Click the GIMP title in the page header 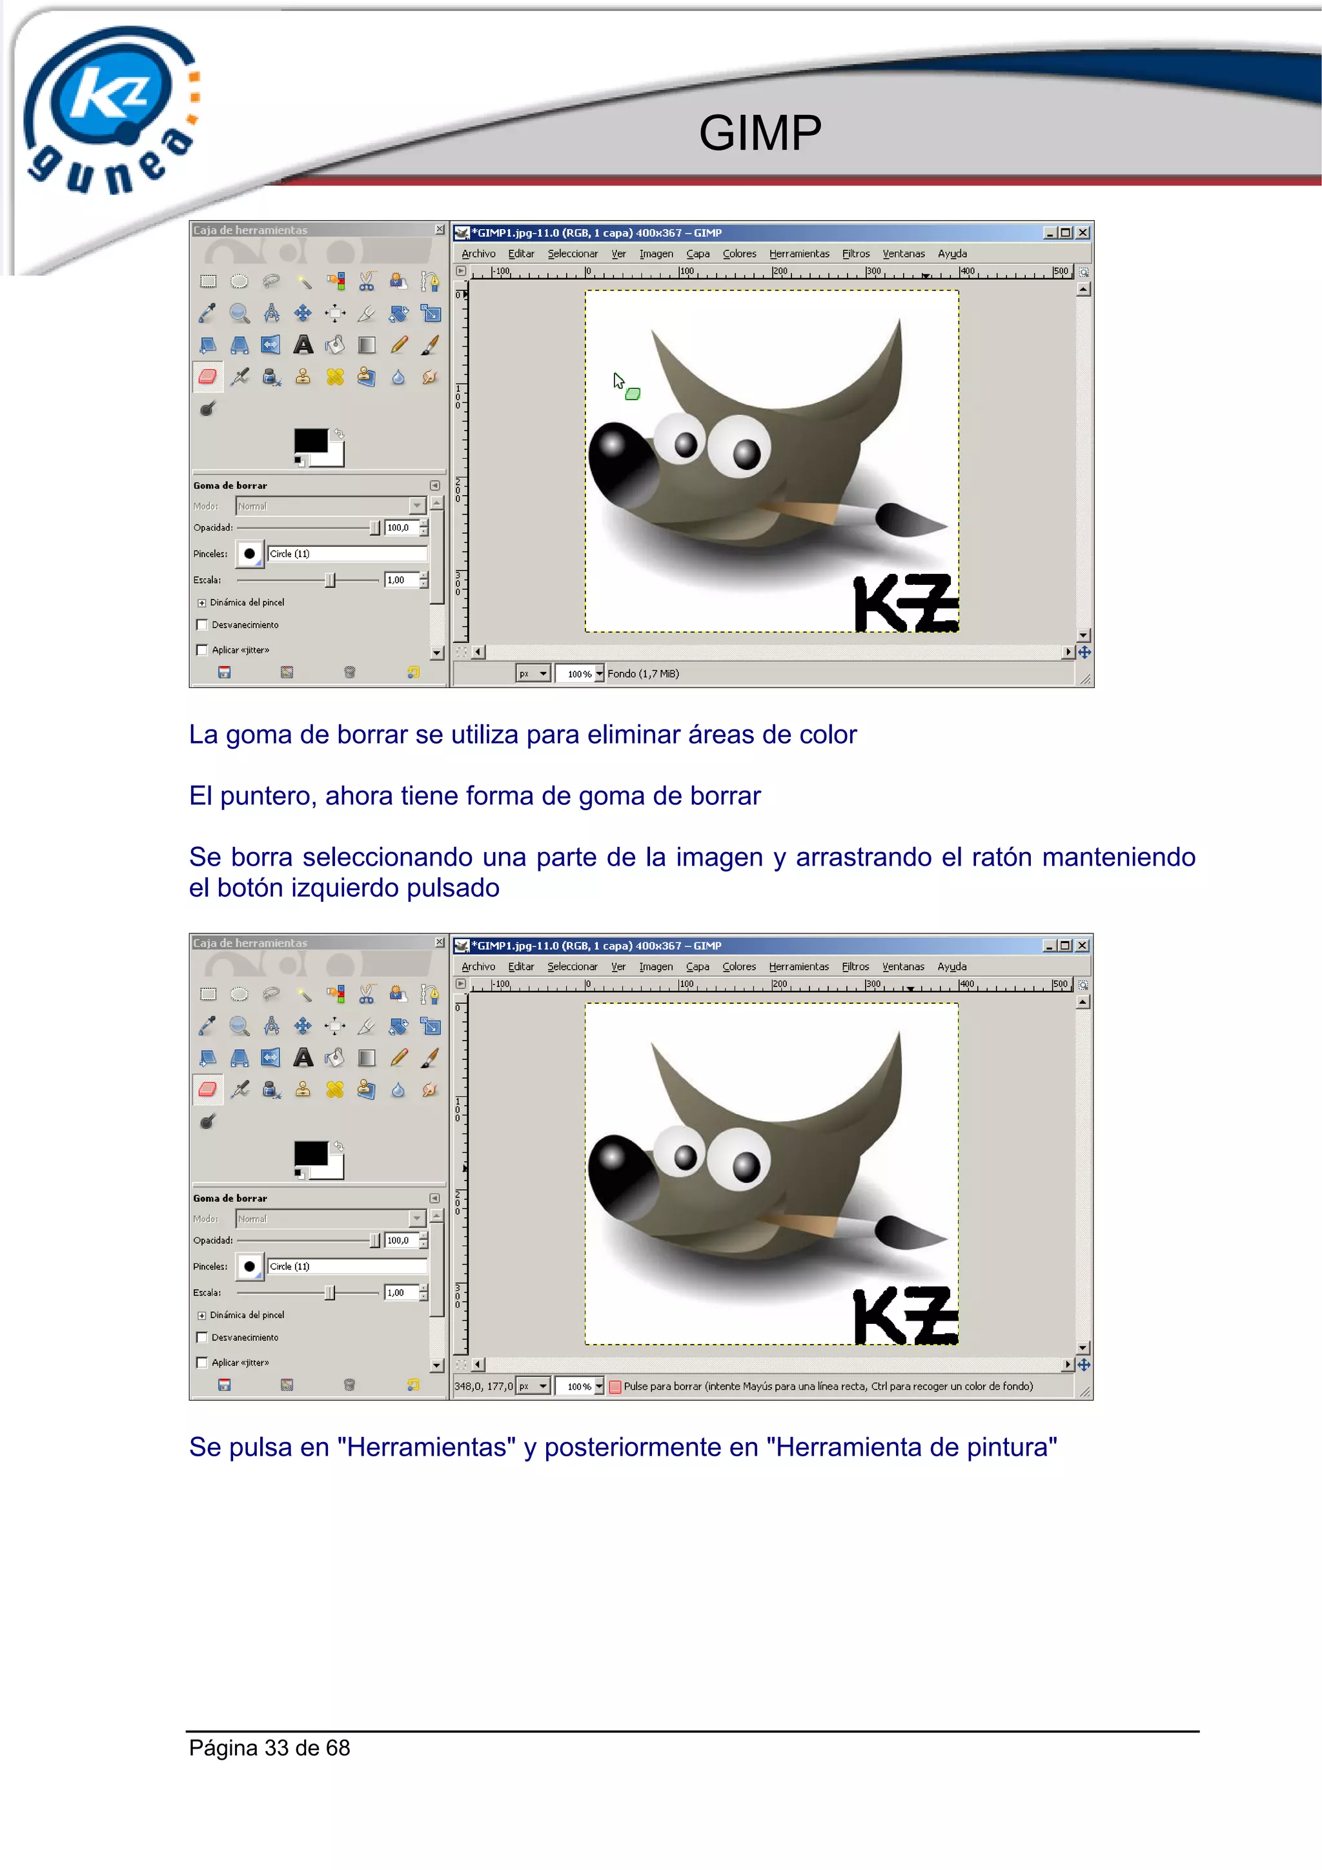759,133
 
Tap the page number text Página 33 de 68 270,1748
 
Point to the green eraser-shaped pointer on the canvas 633,394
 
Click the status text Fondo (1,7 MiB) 643,673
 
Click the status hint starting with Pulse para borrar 828,1387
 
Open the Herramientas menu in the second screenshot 798,967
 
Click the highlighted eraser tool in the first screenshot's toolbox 208,376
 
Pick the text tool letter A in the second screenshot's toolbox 303,1057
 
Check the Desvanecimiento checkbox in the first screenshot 202,625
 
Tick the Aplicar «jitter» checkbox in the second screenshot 202,1363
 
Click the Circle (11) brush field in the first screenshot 346,554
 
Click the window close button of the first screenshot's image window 1083,233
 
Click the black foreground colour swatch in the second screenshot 310,1154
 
